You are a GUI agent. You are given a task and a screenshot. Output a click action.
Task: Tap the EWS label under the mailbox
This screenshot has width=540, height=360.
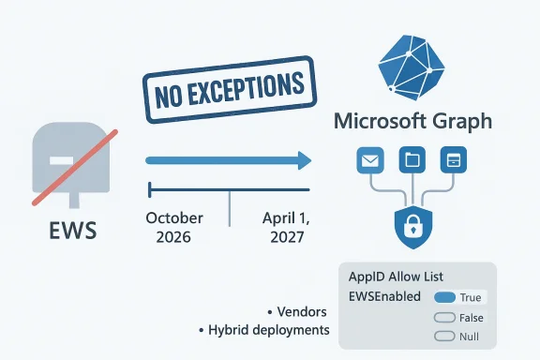[72, 229]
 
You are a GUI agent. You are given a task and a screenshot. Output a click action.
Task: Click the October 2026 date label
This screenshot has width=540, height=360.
[174, 227]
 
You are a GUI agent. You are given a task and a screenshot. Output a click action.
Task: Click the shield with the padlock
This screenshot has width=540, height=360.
[412, 228]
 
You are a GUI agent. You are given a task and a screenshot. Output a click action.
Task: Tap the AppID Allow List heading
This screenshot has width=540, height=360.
[396, 277]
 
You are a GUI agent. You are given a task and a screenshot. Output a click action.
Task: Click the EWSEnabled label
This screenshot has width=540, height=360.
[382, 298]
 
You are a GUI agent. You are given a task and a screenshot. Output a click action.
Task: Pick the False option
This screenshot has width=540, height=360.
[457, 318]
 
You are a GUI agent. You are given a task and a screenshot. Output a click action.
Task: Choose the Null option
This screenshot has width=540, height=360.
[457, 337]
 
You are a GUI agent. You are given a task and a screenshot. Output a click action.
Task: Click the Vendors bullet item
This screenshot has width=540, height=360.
[299, 311]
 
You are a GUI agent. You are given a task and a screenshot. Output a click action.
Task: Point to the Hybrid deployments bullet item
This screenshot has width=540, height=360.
[265, 330]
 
